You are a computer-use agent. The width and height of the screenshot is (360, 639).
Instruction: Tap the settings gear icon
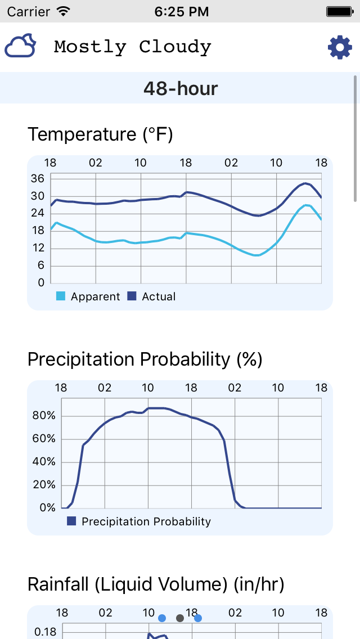tap(340, 47)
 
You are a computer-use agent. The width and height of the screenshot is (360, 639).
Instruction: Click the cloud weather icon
tap(21, 46)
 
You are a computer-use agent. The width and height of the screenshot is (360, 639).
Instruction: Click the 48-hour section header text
tap(180, 88)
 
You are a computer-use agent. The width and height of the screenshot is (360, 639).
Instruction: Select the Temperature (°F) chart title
tap(100, 134)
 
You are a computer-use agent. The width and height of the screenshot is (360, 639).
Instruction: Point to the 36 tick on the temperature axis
tap(38, 179)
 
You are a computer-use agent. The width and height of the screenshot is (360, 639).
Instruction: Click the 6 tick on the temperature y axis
tap(40, 265)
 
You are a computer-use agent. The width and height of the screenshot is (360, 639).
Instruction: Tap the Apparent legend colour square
tap(61, 296)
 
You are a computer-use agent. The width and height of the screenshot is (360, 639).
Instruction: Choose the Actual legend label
tap(159, 296)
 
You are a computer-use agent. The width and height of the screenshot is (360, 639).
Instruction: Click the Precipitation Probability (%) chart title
tap(145, 359)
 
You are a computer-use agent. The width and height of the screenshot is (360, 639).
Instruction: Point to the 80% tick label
tap(44, 416)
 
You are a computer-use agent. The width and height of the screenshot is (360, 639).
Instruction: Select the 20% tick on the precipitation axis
tap(44, 485)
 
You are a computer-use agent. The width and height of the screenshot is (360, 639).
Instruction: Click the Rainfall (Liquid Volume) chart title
tap(156, 584)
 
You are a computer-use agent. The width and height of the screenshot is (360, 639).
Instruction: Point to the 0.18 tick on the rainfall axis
tap(46, 632)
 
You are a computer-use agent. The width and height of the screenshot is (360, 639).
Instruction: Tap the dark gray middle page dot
tap(180, 618)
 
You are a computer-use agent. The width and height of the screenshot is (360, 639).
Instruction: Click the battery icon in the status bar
tap(339, 11)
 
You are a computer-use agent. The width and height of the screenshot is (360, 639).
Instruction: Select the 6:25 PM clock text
tap(180, 11)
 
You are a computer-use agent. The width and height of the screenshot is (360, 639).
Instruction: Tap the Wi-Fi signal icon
tap(64, 11)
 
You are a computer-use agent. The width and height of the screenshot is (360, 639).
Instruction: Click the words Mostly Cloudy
tap(133, 47)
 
